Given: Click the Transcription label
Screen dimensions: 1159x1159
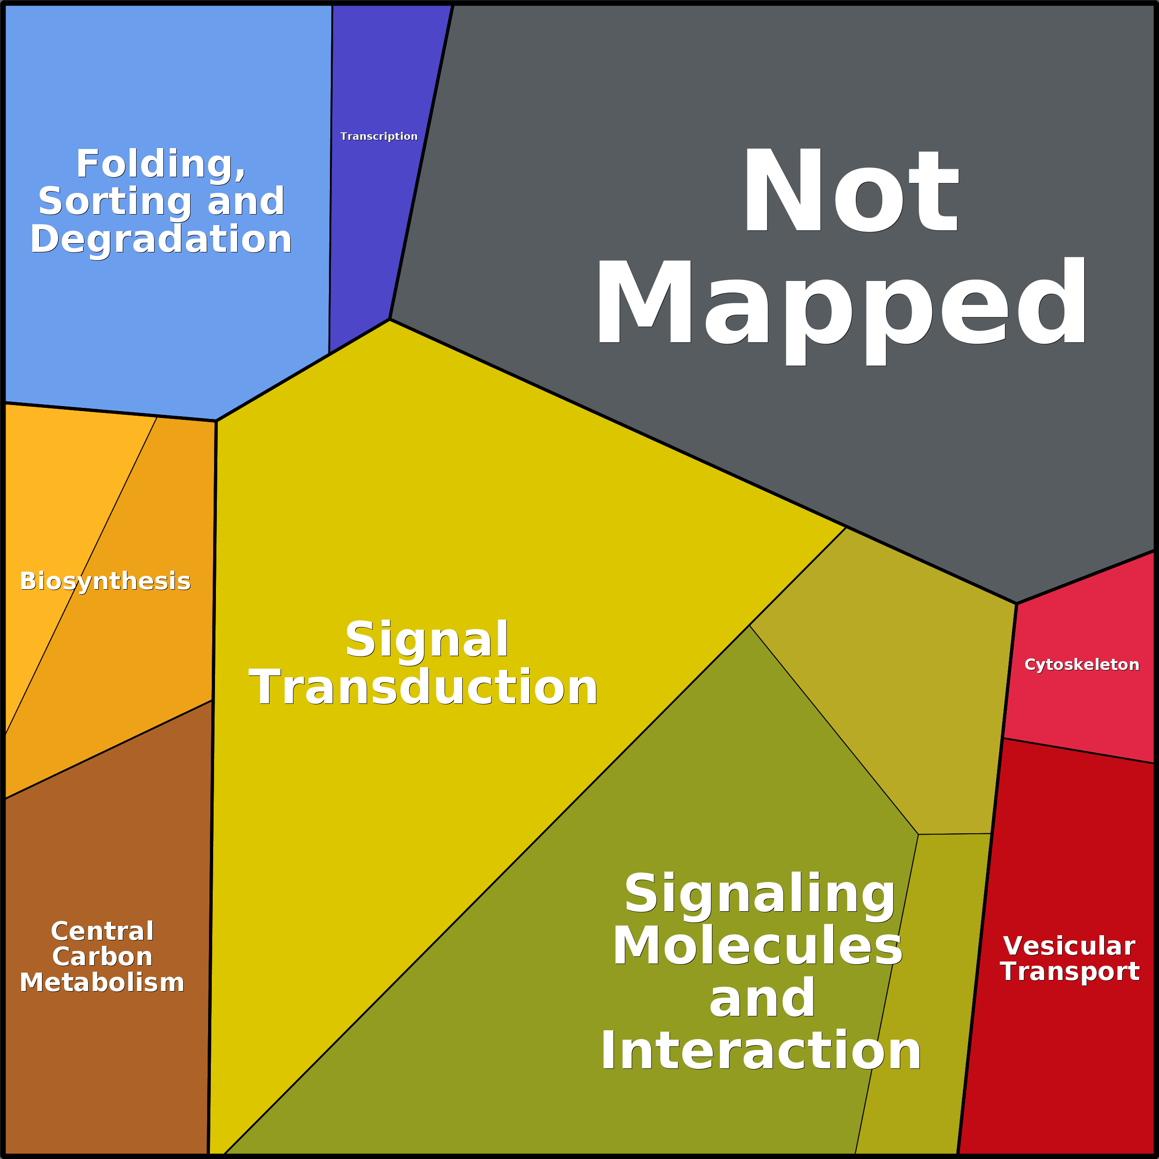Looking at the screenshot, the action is click(x=378, y=137).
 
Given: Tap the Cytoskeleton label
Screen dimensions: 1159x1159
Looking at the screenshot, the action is click(x=1081, y=665).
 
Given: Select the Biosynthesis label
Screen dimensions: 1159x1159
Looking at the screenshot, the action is click(x=105, y=581).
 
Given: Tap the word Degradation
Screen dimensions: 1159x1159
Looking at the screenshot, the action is click(x=161, y=240).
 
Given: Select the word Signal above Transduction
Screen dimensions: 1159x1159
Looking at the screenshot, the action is click(x=426, y=639).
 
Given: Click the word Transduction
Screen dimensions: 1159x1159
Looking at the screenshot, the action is click(x=423, y=687).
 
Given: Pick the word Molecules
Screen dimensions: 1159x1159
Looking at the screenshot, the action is click(x=757, y=946).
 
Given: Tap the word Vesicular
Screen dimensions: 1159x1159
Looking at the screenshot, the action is click(x=1069, y=946).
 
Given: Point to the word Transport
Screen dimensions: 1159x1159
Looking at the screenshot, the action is click(x=1069, y=972).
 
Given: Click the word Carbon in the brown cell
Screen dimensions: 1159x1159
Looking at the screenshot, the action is click(x=102, y=957).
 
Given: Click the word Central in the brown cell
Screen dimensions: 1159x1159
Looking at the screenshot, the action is click(x=102, y=931).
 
